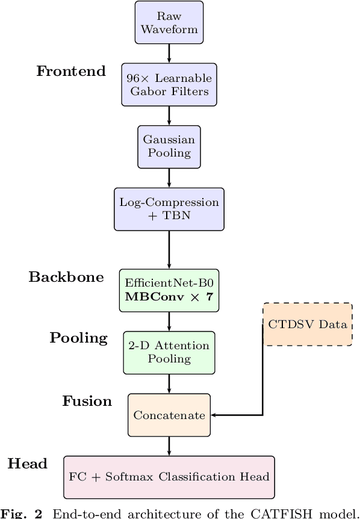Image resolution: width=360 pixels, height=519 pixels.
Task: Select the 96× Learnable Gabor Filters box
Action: (169, 84)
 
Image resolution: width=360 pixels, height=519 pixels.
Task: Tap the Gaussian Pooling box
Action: (169, 146)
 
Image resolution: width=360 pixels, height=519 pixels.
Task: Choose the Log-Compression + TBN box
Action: (169, 208)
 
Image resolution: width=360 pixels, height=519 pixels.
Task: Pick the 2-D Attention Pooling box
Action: (169, 352)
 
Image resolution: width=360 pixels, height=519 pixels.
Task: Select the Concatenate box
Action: (169, 415)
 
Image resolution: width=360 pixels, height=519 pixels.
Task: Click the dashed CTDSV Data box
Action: (308, 325)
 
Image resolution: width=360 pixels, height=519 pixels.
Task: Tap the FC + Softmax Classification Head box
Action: (169, 477)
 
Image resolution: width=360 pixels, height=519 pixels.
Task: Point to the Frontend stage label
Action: (71, 71)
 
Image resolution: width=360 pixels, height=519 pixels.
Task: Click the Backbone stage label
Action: (66, 277)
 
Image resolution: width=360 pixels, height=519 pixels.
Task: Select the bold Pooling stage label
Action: (78, 338)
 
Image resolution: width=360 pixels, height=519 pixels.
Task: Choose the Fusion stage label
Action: (87, 401)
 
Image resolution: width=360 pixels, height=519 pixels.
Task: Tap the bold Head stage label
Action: (27, 464)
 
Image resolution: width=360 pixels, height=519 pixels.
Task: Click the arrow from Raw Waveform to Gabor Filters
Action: (169, 53)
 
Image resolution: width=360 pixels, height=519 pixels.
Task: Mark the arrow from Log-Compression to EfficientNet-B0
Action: (169, 249)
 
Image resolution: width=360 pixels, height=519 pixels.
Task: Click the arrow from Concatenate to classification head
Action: (169, 446)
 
